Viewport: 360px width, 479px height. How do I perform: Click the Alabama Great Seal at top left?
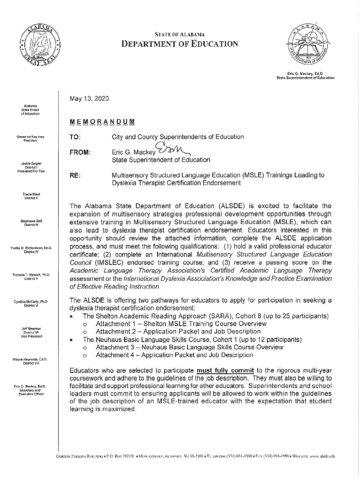[x=40, y=46]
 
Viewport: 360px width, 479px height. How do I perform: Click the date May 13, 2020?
[x=89, y=99]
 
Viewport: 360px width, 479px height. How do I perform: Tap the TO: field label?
[x=75, y=137]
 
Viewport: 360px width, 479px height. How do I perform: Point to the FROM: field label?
[x=80, y=152]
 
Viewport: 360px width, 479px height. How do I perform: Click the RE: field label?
[x=75, y=175]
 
